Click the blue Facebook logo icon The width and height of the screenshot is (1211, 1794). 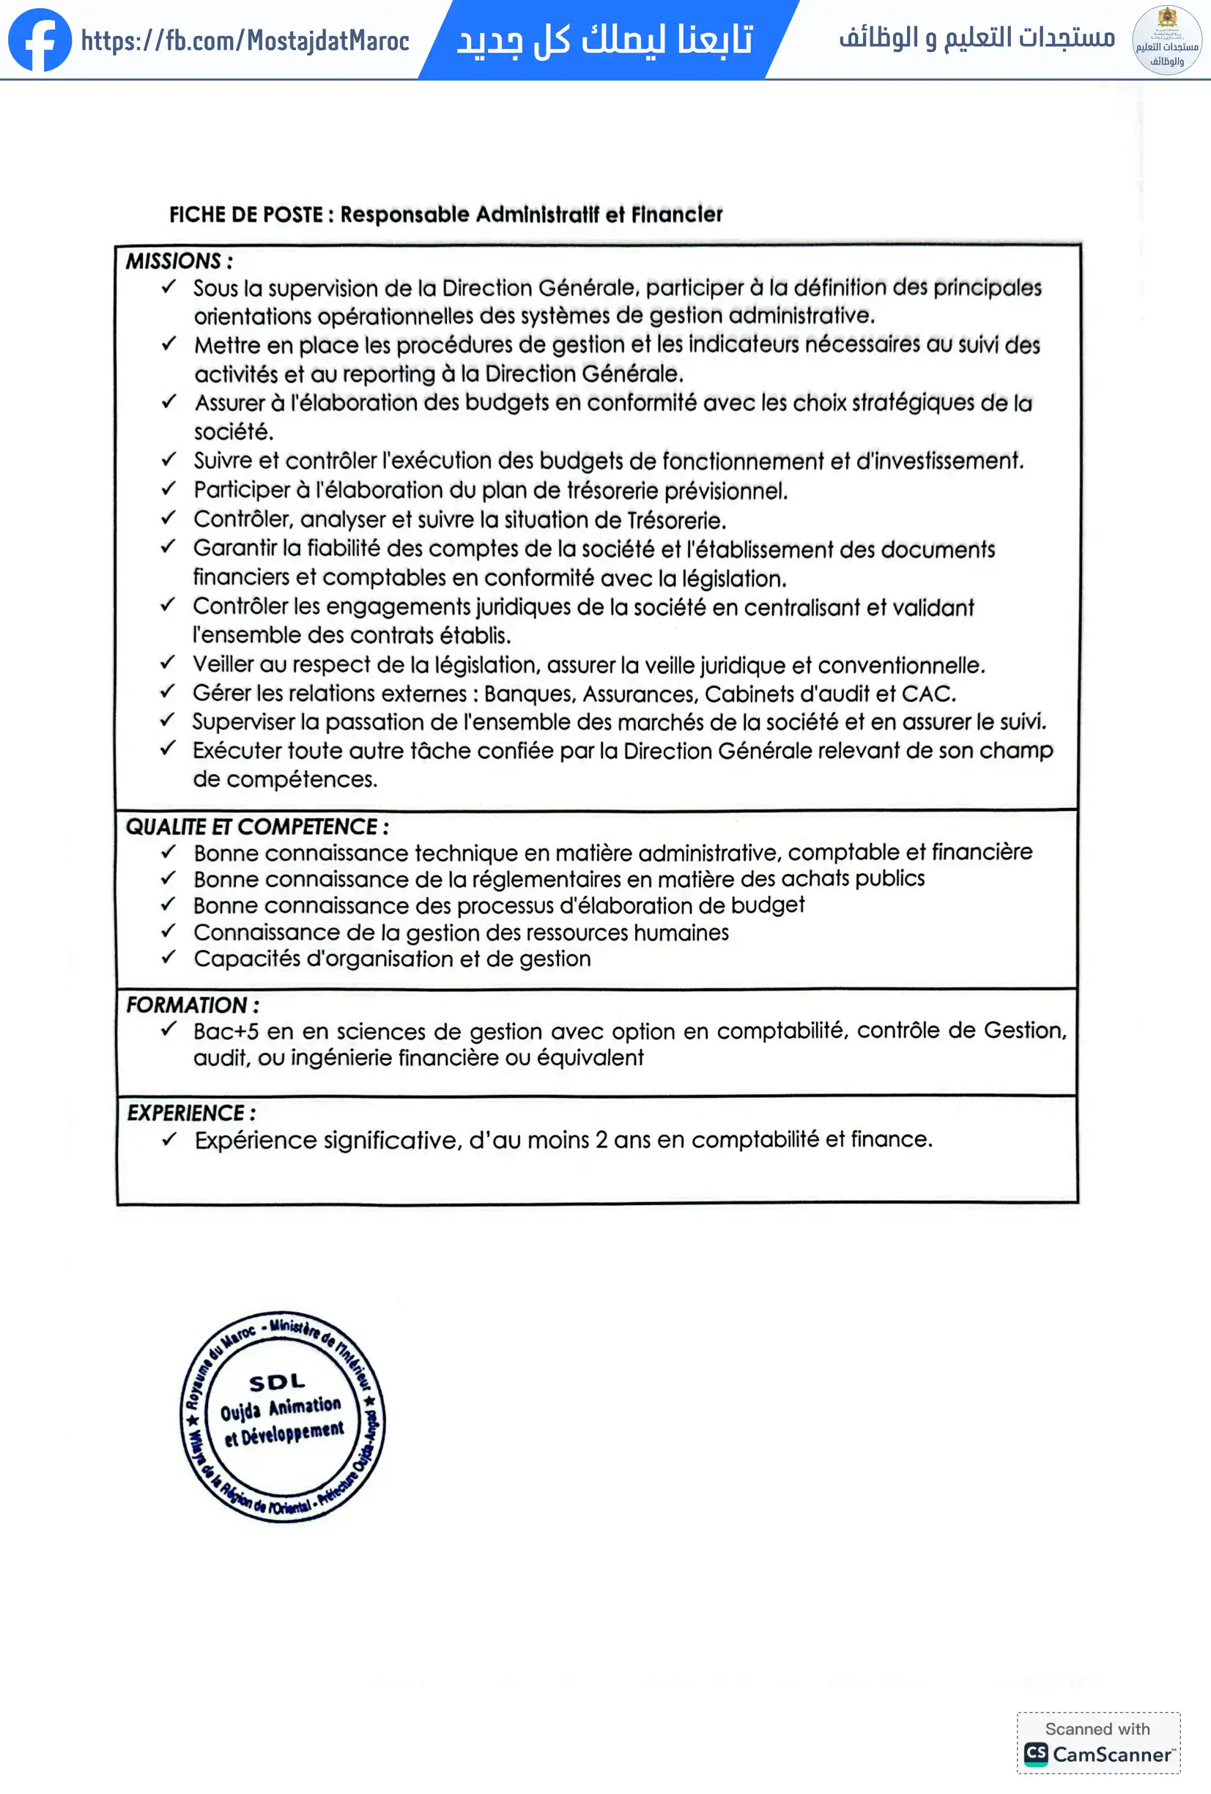point(40,40)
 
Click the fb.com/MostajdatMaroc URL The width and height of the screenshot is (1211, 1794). point(245,40)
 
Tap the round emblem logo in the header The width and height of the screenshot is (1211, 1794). point(1166,40)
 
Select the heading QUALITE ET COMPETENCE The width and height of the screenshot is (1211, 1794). point(257,827)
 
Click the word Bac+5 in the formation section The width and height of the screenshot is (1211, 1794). point(226,1031)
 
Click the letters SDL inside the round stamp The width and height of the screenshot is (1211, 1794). point(277,1381)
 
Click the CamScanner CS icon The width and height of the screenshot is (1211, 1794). point(1036,1754)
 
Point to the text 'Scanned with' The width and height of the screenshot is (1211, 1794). point(1097,1728)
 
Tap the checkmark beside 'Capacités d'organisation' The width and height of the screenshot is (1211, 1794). point(169,957)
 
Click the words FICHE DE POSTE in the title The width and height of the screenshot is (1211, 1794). point(245,215)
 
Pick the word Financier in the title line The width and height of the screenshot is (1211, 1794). point(676,214)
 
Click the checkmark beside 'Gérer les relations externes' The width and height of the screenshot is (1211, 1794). point(168,692)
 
